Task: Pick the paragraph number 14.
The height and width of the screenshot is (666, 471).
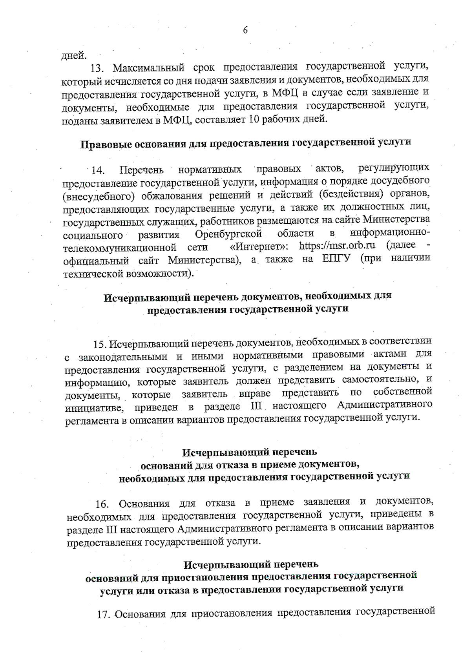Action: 98,171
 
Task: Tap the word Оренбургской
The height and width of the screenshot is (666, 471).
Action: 228,234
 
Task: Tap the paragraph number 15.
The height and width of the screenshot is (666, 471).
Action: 100,345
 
